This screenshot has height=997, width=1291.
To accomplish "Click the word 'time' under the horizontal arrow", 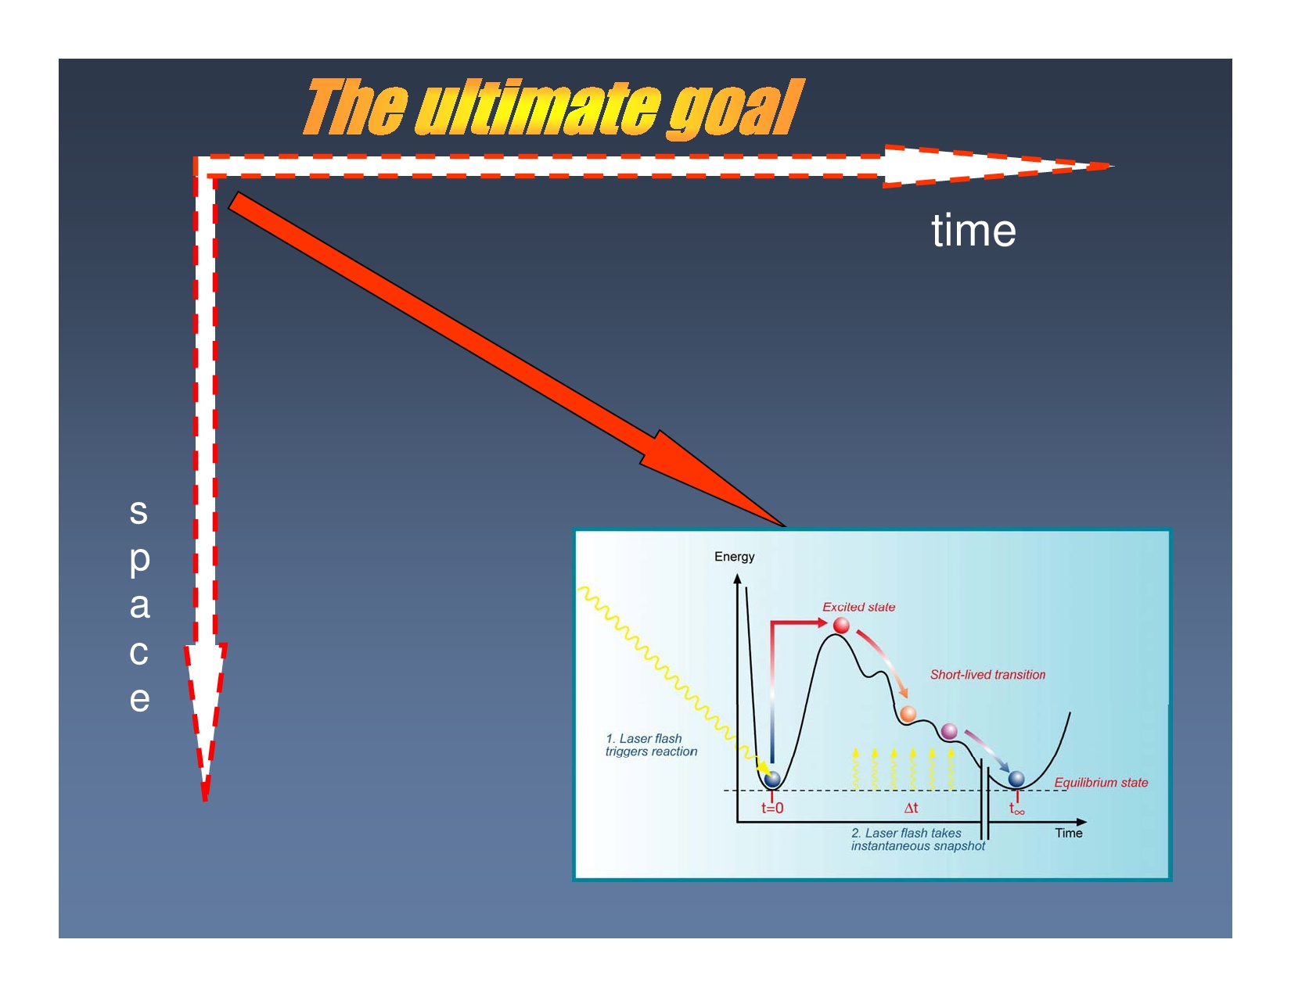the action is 973,231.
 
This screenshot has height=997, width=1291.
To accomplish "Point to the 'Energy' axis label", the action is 735,557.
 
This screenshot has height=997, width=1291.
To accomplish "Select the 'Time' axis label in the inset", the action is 1068,833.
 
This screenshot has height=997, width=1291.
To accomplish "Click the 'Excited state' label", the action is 858,607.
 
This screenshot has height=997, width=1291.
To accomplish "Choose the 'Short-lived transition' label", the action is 987,675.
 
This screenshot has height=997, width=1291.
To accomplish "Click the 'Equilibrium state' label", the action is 1101,783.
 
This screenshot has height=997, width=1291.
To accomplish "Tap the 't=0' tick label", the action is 772,808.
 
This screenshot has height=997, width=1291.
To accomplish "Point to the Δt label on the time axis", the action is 911,808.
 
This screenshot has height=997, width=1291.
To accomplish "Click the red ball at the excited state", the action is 841,626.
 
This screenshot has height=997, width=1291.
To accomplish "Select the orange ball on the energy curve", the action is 908,714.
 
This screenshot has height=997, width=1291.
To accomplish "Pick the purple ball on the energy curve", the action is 949,731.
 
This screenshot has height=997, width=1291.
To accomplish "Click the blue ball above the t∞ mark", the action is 1016,779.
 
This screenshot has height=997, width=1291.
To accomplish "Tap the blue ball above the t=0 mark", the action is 772,779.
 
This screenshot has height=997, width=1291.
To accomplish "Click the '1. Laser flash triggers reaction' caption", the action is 651,745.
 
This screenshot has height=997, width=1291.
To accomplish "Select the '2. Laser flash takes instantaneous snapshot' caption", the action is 918,840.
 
